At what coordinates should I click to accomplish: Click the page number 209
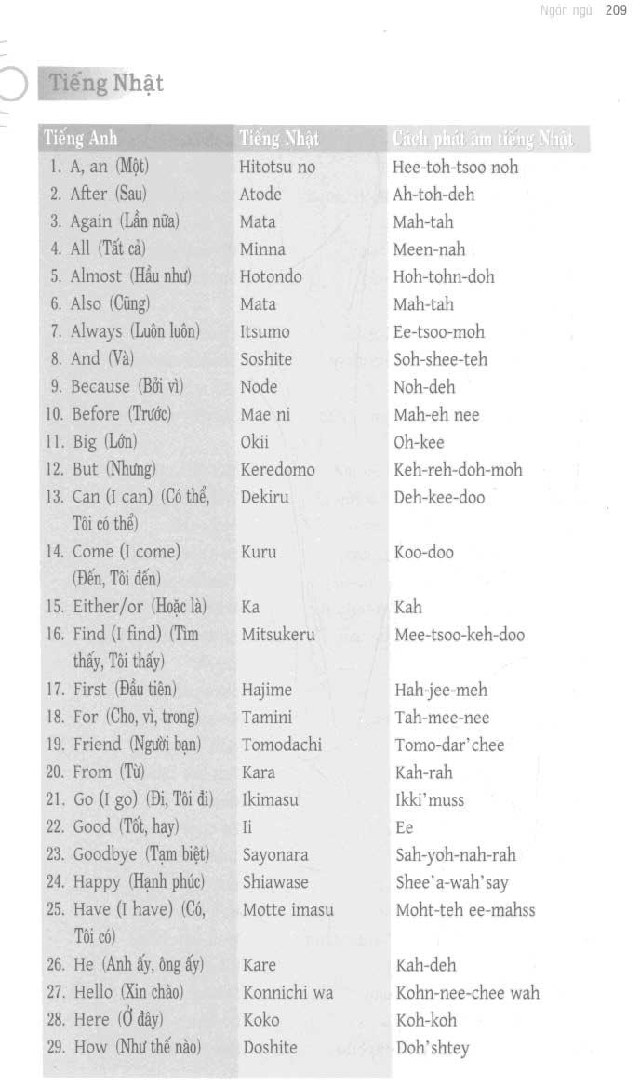(616, 11)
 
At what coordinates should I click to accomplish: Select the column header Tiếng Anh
(82, 140)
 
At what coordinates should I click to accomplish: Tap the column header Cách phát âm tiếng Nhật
(483, 140)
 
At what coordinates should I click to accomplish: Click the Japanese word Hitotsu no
(277, 168)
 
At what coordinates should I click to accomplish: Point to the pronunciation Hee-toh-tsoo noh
(456, 168)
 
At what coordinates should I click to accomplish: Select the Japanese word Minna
(262, 249)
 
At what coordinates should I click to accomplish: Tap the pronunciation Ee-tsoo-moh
(439, 331)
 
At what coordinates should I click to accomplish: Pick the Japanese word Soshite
(266, 359)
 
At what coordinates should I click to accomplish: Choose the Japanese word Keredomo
(277, 469)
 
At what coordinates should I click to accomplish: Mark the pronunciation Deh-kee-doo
(440, 497)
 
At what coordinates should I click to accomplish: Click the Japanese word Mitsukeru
(278, 635)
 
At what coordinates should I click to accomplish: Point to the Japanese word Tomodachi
(282, 745)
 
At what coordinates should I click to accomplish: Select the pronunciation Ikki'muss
(430, 799)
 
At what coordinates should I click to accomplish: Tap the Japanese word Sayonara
(275, 854)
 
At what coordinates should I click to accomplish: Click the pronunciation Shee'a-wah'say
(452, 882)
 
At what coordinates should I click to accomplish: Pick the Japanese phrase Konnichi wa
(287, 992)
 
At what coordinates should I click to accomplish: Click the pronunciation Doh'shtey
(433, 1048)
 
